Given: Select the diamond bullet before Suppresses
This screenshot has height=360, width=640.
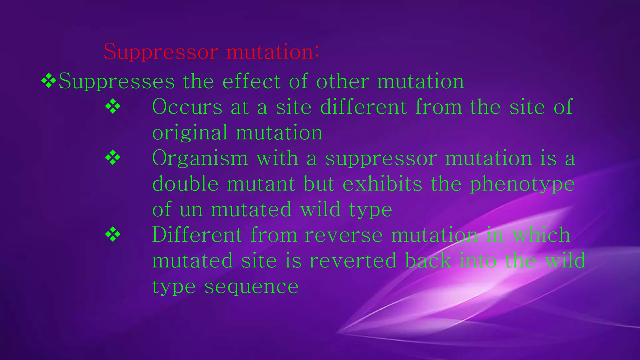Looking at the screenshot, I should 49,81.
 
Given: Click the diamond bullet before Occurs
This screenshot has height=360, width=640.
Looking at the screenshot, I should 113,107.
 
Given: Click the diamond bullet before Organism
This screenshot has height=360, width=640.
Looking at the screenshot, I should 113,158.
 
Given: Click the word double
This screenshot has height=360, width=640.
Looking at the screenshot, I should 185,184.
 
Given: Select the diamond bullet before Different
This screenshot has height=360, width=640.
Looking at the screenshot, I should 113,235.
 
